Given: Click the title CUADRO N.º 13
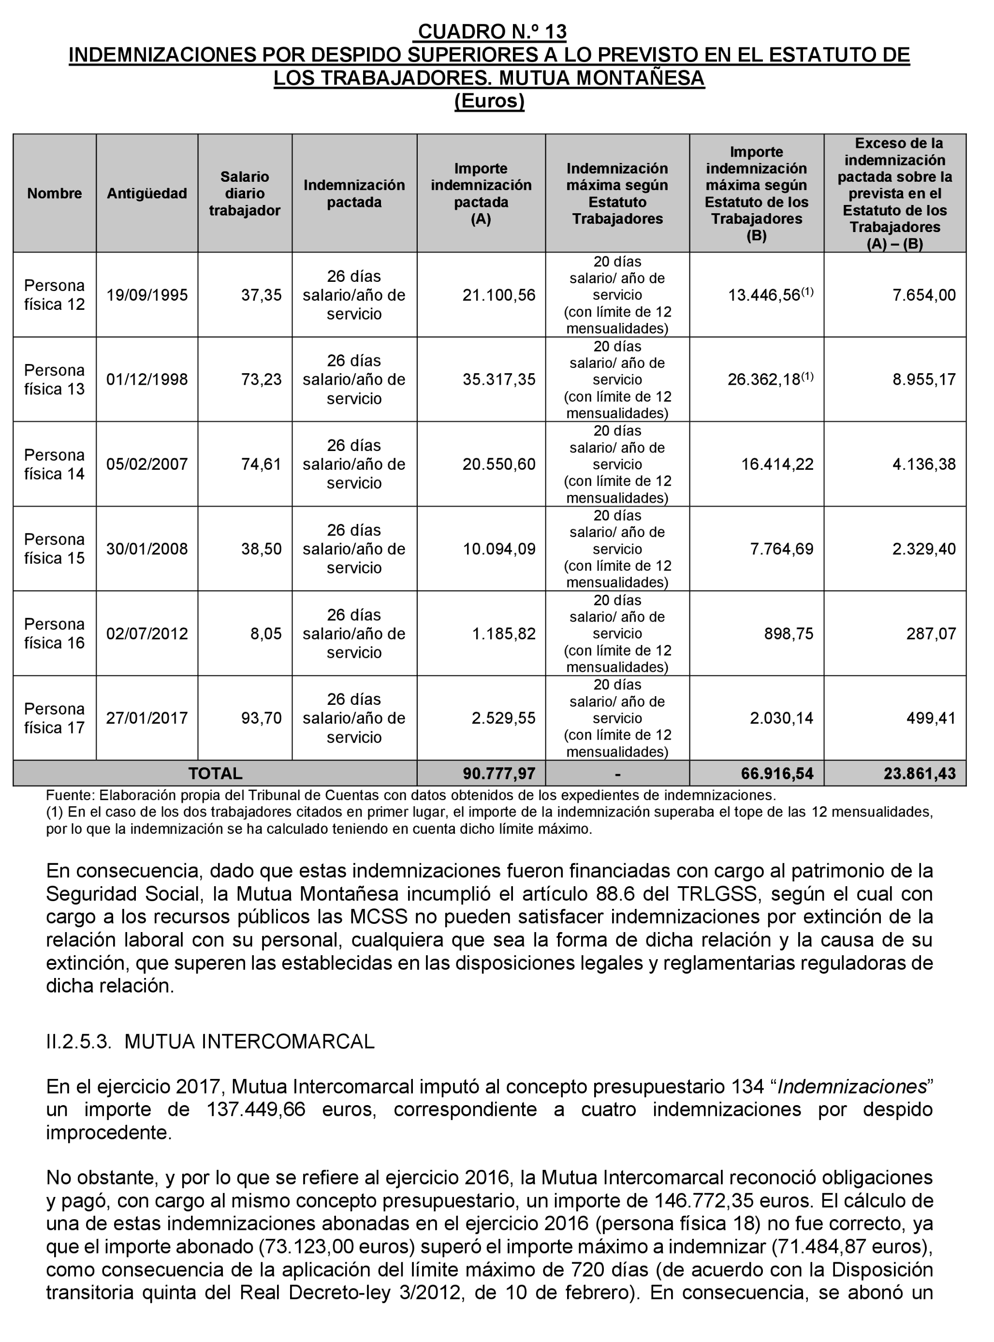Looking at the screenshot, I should point(492,31).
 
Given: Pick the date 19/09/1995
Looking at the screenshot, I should point(147,295).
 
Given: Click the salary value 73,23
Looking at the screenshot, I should point(261,379).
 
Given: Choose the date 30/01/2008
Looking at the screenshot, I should point(147,549).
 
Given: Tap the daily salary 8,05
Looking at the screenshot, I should point(265,634).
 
